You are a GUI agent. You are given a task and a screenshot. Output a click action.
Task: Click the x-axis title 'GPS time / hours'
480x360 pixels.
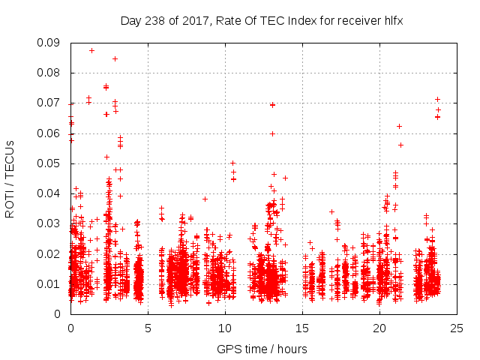[262, 349]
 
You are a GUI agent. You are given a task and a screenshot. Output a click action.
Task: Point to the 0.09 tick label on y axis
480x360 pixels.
[51, 43]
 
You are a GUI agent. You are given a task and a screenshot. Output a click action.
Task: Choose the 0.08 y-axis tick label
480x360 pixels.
[51, 73]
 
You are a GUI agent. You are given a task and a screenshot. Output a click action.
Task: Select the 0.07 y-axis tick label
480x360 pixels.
[51, 103]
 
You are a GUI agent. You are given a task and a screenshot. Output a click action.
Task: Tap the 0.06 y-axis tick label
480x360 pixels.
[51, 133]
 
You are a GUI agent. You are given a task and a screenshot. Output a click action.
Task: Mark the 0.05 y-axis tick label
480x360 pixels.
[51, 163]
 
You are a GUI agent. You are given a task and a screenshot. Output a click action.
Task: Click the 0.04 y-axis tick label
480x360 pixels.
[51, 193]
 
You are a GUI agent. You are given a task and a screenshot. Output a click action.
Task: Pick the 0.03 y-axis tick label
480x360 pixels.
[51, 223]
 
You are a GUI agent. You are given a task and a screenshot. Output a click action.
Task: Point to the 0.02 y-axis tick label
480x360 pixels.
[51, 253]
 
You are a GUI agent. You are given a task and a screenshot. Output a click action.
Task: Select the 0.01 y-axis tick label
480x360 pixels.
[51, 283]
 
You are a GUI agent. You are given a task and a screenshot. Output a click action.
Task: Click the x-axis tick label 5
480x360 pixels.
[148, 328]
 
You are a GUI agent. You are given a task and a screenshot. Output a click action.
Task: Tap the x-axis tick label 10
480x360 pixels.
[225, 328]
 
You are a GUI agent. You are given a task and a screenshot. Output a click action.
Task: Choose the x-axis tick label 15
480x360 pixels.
[302, 328]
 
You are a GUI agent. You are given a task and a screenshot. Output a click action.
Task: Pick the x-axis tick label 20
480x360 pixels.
[379, 328]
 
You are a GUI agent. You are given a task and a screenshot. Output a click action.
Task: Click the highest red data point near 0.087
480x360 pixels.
[91, 50]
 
